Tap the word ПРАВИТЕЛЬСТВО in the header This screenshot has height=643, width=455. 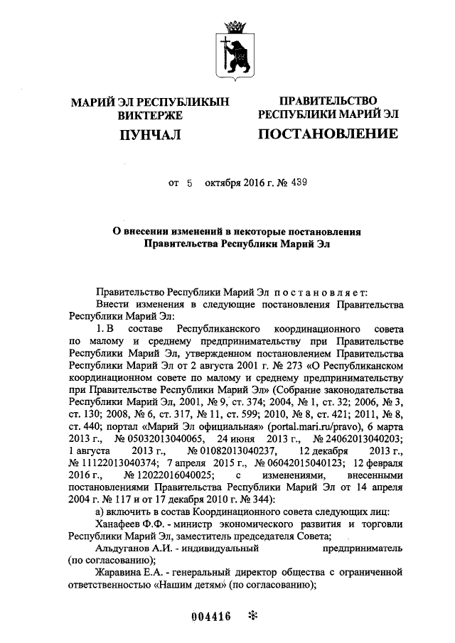point(328,101)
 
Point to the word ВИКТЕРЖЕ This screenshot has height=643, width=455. point(151,116)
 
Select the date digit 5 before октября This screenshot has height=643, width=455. point(190,183)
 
